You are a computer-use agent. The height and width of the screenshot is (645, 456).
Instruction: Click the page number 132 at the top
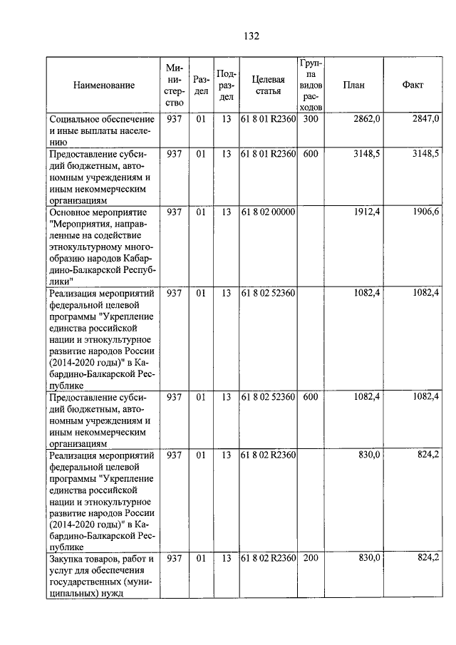(249, 36)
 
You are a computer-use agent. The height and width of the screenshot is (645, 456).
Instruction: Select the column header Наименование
(103, 86)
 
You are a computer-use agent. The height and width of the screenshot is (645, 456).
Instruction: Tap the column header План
(353, 86)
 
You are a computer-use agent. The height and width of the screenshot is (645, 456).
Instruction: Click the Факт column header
(413, 86)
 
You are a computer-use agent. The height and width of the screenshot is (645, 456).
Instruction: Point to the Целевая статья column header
(268, 86)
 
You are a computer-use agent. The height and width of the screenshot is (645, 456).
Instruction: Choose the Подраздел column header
(226, 86)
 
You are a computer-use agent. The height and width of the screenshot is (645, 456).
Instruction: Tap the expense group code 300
(310, 119)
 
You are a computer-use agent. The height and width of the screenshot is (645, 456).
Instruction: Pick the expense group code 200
(310, 558)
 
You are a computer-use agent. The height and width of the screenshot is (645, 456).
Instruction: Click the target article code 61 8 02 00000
(268, 212)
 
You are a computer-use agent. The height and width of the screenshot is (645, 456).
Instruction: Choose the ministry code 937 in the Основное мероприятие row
(174, 212)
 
